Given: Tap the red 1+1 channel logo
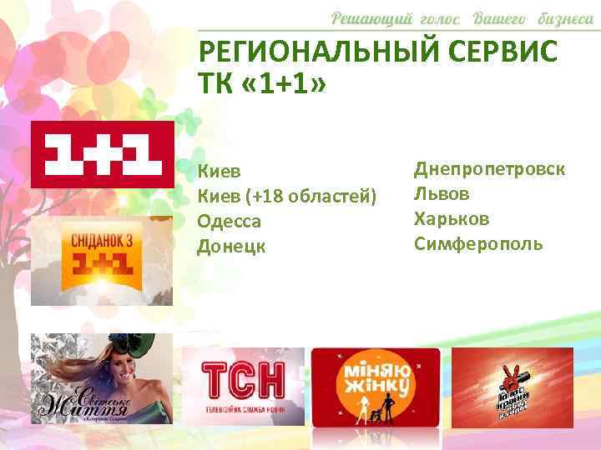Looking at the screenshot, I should tap(102, 154).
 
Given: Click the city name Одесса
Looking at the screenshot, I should tap(230, 221).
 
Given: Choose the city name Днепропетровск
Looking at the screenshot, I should tap(489, 169).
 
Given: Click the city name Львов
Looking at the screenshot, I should tap(442, 194).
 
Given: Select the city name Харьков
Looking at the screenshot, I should tap(450, 218).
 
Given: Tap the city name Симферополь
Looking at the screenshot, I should tap(478, 243).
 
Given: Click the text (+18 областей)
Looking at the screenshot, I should tap(313, 197).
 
